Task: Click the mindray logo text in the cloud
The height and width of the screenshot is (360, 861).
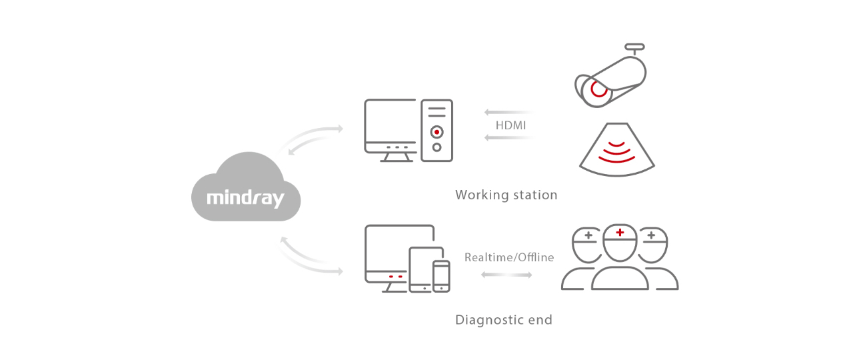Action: (245, 198)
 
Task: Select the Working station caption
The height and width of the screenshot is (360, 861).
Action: (506, 195)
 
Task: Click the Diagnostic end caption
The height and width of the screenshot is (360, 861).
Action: (503, 319)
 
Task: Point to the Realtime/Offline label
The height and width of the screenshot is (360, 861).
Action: (509, 257)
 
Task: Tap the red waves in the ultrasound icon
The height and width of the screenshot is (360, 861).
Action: (616, 153)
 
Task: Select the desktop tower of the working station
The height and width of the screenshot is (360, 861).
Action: (436, 130)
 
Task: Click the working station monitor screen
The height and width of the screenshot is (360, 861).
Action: (391, 123)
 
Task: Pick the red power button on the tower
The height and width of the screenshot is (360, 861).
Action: (436, 131)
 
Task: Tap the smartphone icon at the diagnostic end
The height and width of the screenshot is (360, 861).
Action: (441, 275)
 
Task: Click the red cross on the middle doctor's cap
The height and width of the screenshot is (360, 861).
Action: (620, 232)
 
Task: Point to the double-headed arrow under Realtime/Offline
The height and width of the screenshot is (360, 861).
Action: (506, 274)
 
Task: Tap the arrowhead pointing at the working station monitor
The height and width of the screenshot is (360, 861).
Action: (341, 128)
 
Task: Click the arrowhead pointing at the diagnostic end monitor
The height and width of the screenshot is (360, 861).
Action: (339, 271)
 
